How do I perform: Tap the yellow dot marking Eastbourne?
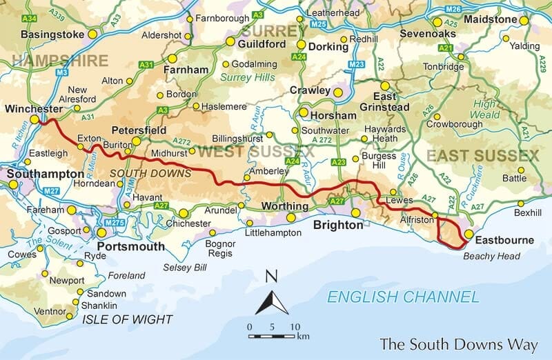coord(469,234)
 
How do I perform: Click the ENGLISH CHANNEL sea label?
coord(403,297)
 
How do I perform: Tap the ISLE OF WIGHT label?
coord(127,319)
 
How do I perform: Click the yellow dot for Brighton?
coord(355,212)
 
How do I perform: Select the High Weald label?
coord(490,109)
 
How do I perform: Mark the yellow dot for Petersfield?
coord(137,141)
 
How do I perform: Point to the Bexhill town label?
coord(528,213)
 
